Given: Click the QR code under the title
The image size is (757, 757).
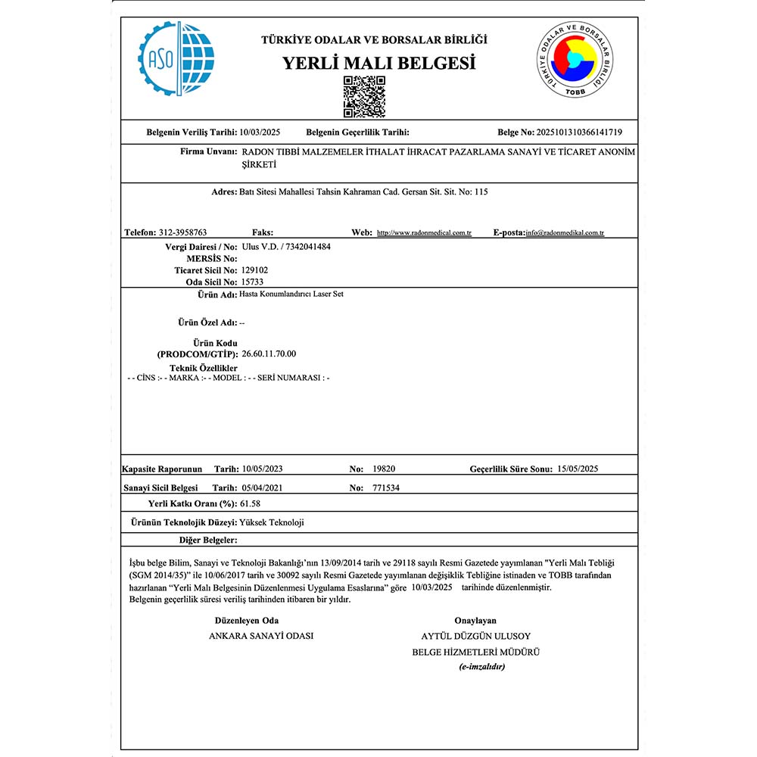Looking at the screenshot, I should pyautogui.click(x=364, y=96).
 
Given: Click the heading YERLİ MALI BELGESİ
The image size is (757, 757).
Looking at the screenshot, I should pyautogui.click(x=379, y=63).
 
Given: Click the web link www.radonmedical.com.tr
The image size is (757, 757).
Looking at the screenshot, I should pyautogui.click(x=424, y=233).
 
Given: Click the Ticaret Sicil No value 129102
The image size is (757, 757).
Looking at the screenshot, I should pyautogui.click(x=254, y=269).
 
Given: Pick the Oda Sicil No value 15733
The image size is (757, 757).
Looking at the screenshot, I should pyautogui.click(x=252, y=281).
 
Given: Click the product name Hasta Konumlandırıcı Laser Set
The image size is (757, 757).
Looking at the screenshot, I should pyautogui.click(x=291, y=294).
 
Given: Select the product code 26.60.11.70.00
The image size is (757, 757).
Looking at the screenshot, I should pyautogui.click(x=268, y=354).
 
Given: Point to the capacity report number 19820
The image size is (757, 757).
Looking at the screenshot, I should pyautogui.click(x=385, y=469).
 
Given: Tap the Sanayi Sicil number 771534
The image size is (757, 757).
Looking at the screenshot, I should pyautogui.click(x=386, y=488).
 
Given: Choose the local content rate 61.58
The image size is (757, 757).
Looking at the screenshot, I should pyautogui.click(x=251, y=503).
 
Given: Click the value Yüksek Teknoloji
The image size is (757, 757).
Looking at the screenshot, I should pyautogui.click(x=272, y=522).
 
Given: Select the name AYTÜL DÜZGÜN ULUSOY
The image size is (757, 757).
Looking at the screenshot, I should pyautogui.click(x=475, y=636).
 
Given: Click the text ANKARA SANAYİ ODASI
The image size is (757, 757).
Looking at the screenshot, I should pyautogui.click(x=261, y=636).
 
